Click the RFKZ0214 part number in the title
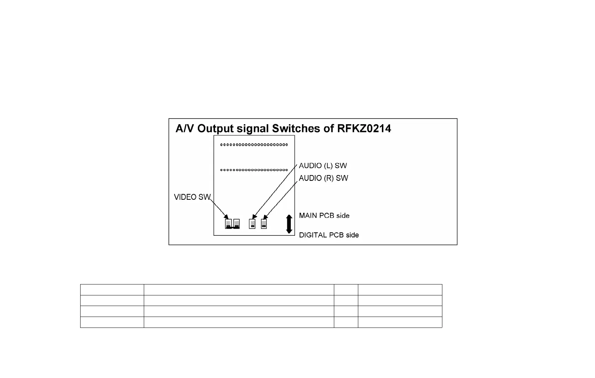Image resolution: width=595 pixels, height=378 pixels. pos(364,128)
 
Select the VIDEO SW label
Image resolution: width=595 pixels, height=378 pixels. pos(192,197)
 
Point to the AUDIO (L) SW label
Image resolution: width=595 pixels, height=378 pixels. pos(323,166)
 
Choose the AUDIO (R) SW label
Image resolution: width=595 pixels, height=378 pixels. pos(323,178)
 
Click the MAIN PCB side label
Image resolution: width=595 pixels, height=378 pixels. pos(324,216)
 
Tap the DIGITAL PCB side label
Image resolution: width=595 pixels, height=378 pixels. pos(329,235)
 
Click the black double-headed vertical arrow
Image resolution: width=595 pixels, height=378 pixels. pos(289,224)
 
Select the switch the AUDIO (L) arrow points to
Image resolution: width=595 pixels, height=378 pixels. pos(252,224)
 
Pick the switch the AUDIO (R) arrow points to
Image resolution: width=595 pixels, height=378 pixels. pos(264,224)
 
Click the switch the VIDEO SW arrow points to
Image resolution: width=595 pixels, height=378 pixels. pos(229,224)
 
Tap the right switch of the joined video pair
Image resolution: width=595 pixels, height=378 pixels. pos(236,224)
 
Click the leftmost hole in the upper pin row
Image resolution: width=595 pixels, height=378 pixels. pos(222,145)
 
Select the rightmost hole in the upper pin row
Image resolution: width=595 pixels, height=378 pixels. pos(286,145)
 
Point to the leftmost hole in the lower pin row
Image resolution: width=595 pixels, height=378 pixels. pos(222,170)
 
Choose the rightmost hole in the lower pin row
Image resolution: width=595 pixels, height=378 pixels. pos(286,170)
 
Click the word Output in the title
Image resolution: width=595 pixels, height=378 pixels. pos(216,128)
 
